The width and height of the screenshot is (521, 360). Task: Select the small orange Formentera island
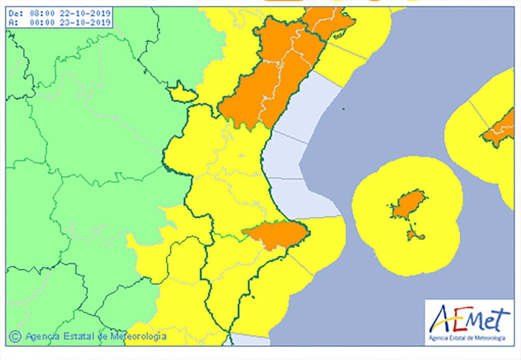[415, 235]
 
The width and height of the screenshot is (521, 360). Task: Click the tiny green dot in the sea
[344, 108]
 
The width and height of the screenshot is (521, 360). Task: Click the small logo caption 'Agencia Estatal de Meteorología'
[467, 338]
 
